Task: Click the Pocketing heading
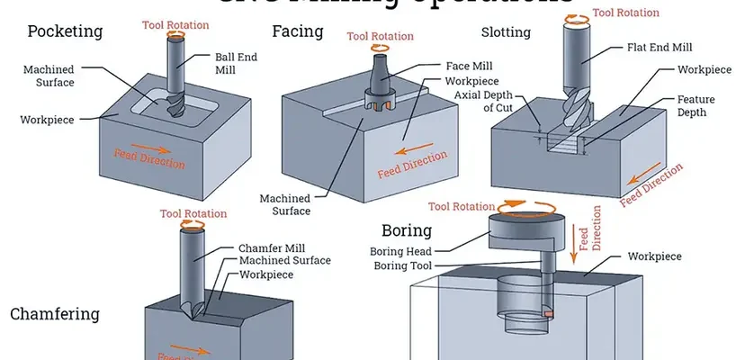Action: [65, 31]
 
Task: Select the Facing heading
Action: [297, 31]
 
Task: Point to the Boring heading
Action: [406, 231]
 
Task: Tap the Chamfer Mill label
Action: [272, 247]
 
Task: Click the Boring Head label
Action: [405, 251]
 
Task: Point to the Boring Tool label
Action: [405, 265]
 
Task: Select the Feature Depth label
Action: [692, 106]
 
